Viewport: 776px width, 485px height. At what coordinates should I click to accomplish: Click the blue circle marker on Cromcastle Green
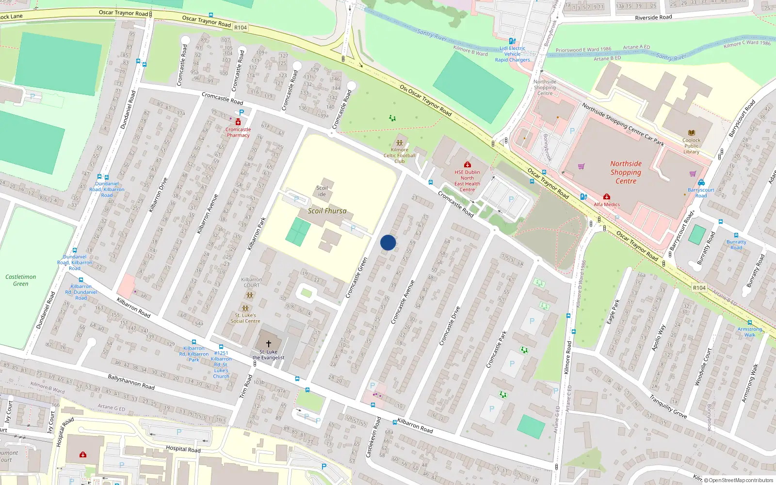click(388, 242)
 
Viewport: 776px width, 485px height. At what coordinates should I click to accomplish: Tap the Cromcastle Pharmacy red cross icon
click(238, 122)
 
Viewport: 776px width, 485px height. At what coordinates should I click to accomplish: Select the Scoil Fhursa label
click(327, 211)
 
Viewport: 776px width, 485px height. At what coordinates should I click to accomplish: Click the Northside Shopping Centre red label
click(626, 172)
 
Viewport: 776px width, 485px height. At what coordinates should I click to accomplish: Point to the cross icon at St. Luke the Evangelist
click(269, 343)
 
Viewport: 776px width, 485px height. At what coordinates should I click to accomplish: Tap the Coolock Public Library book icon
click(692, 132)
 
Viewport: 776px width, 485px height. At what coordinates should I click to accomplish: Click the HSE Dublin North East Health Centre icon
click(467, 165)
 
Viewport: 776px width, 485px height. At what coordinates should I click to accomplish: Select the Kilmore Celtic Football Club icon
click(399, 143)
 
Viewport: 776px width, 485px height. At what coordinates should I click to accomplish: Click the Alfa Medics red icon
click(607, 197)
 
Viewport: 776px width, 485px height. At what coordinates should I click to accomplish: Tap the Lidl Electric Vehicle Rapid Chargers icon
click(512, 41)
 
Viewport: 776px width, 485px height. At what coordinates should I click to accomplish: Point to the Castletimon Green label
click(20, 280)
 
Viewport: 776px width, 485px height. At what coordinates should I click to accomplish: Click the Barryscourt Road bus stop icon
click(701, 183)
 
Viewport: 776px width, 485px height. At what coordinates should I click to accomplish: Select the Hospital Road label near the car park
click(183, 449)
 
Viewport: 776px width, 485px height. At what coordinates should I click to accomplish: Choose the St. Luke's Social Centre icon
click(245, 308)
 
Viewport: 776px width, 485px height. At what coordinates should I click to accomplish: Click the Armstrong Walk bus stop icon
click(750, 323)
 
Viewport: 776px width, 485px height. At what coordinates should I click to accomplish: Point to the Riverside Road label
click(653, 17)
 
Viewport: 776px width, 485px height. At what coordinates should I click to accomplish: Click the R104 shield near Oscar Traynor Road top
click(241, 28)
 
